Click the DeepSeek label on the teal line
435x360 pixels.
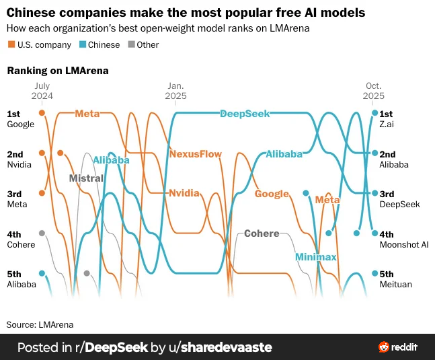tap(245, 114)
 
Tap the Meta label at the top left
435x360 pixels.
tap(87, 114)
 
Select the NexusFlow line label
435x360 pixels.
tap(195, 153)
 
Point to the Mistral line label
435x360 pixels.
tap(86, 178)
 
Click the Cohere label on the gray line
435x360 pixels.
tap(261, 233)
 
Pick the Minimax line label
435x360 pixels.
tap(315, 257)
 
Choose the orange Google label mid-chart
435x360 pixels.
tap(272, 194)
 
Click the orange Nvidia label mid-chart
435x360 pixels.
tap(184, 193)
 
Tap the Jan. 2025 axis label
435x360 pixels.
tap(176, 91)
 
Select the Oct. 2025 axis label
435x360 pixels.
tap(374, 91)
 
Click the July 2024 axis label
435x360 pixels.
tap(42, 91)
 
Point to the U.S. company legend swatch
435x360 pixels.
tap(11, 45)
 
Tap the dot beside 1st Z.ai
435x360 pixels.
tap(375, 114)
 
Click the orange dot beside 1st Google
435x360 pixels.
tap(42, 114)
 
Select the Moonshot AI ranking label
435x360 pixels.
tap(403, 244)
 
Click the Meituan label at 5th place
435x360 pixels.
tap(395, 284)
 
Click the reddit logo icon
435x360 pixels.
tap(385, 347)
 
